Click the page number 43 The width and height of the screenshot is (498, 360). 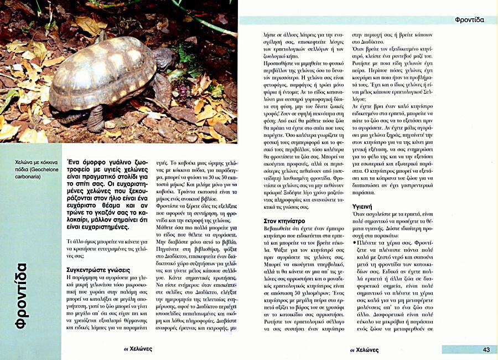pos(486,349)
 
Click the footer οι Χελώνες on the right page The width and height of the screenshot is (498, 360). pos(364,349)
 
